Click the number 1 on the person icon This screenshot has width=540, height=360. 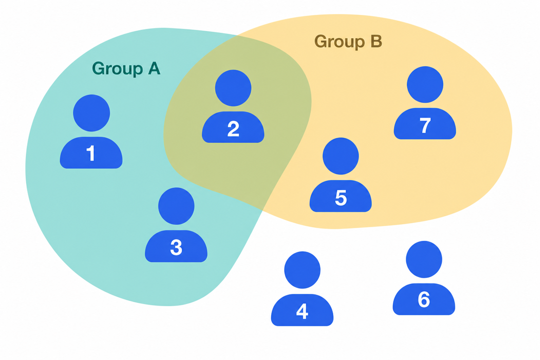click(x=91, y=153)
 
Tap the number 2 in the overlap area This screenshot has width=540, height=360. click(x=233, y=129)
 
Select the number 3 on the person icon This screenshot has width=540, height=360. click(x=176, y=247)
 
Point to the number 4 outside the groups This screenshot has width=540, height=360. click(x=302, y=311)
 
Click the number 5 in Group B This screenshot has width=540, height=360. click(x=341, y=198)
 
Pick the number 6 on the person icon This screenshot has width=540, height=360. click(x=424, y=300)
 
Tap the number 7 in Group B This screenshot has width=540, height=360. click(x=425, y=126)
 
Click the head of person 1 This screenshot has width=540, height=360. click(x=92, y=113)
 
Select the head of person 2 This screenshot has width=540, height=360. click(x=233, y=88)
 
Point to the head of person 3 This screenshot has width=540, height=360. click(x=176, y=206)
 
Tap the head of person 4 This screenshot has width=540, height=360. click(x=302, y=270)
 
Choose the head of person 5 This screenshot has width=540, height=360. click(x=341, y=156)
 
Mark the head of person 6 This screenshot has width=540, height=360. click(x=424, y=259)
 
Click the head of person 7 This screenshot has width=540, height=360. click(x=425, y=85)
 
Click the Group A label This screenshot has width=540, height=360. click(x=126, y=69)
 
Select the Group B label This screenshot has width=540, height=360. click(x=348, y=42)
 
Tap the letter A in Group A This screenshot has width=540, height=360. click(x=154, y=68)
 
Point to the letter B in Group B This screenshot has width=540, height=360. click(x=377, y=41)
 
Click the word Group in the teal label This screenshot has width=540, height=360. click(x=117, y=69)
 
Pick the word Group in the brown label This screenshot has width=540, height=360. click(x=340, y=42)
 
